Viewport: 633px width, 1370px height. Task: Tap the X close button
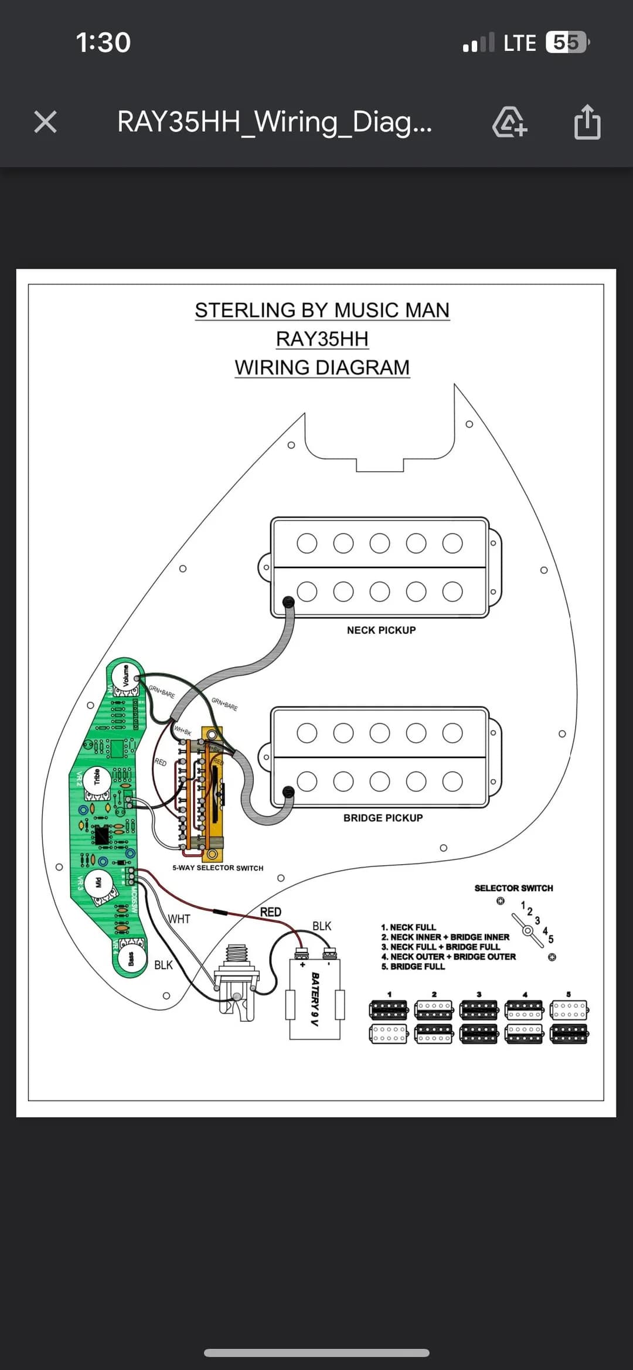click(45, 122)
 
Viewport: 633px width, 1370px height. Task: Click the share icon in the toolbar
click(587, 122)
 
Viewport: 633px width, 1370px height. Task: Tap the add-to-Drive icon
click(509, 122)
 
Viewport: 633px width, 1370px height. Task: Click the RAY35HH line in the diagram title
click(322, 339)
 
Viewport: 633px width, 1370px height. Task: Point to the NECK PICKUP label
click(381, 630)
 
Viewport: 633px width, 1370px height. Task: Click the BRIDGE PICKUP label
click(383, 818)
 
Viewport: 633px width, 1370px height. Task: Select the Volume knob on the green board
click(125, 675)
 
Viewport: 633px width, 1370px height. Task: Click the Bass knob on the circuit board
click(131, 958)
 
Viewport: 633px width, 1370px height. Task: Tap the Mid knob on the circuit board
click(98, 882)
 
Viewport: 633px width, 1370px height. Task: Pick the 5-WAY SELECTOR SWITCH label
click(217, 868)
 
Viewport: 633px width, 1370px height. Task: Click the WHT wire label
click(179, 919)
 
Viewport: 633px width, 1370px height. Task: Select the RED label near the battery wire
click(270, 912)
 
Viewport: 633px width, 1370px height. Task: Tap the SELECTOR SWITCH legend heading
click(513, 888)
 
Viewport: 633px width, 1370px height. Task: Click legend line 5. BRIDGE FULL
click(413, 966)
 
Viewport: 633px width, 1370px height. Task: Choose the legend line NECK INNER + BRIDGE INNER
click(445, 937)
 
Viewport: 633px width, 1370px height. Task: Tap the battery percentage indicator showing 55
click(566, 42)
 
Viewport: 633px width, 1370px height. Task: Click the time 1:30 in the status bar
click(103, 42)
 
